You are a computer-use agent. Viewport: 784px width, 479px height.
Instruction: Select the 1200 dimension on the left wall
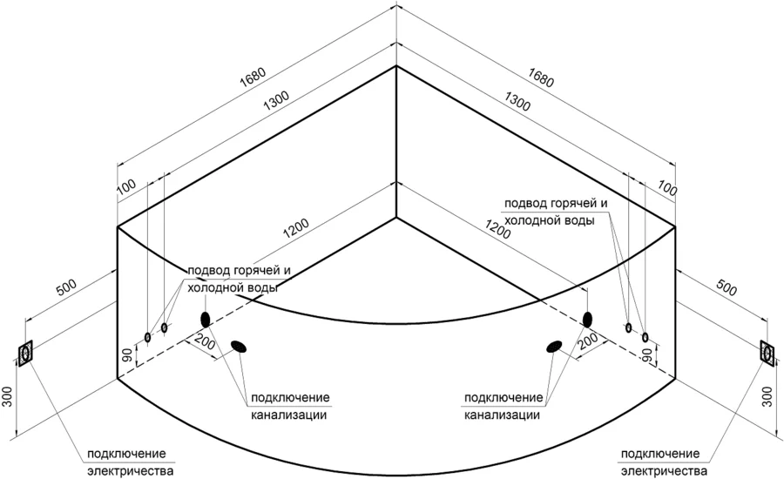pos(294,229)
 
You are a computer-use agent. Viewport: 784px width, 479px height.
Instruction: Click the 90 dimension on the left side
pos(127,355)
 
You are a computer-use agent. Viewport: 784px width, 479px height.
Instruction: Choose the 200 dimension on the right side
pos(588,340)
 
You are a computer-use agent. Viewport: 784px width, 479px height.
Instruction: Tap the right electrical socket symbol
pos(768,352)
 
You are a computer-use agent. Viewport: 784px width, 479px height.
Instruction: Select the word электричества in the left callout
pos(131,472)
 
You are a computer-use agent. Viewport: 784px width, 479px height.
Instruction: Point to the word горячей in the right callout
pos(574,203)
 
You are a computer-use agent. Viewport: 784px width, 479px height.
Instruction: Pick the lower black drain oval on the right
pos(554,347)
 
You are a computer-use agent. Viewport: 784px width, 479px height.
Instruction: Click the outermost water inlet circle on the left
pos(147,336)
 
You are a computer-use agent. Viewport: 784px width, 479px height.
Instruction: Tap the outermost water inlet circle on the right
pos(645,336)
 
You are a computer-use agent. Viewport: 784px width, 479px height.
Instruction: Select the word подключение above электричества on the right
pos(661,455)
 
